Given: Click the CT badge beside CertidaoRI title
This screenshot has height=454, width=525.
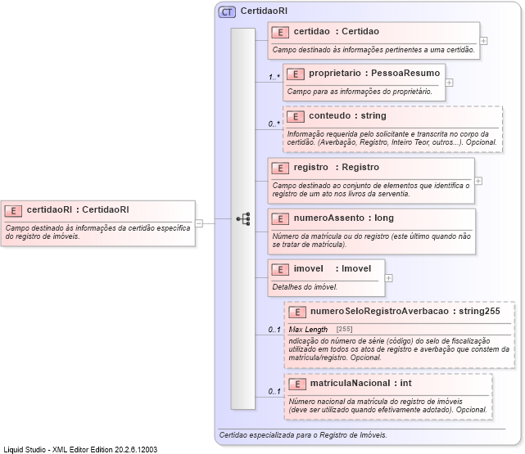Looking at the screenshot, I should pos(227,12).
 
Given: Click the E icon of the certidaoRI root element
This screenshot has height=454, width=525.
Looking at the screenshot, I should pos(13,210).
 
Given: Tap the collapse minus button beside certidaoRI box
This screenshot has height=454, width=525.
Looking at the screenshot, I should pos(199,222).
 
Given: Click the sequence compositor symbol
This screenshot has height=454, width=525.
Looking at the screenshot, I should pos(243,219).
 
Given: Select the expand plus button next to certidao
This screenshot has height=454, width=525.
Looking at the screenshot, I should pos(484,40).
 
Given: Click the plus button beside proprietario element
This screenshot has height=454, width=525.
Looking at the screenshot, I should pos(449,83).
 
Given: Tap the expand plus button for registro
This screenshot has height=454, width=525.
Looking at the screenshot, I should pos(478,181).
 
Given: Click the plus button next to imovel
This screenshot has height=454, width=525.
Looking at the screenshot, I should pos(388,278).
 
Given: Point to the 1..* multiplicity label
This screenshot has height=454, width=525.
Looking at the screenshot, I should pos(274,78).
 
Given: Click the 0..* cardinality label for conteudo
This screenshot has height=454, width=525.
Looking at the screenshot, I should pos(274,124).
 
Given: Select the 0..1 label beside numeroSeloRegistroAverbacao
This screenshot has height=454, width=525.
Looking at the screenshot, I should pos(274,330).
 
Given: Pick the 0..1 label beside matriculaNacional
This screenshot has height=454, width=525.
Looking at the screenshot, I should pos(274,392).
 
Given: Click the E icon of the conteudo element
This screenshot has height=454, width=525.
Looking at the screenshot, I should pos(295,116).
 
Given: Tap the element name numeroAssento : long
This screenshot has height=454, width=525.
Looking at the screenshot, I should pos(343,218).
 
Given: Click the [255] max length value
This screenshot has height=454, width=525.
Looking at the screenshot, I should pos(345,329).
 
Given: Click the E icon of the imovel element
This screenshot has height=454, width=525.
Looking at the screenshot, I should pos(280,269).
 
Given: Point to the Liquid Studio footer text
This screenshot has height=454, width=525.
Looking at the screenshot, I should pos(80,449).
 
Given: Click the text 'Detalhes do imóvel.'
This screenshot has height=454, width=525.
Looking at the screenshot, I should pos(305,287).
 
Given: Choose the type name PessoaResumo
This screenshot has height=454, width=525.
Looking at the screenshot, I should pos(405,73).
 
